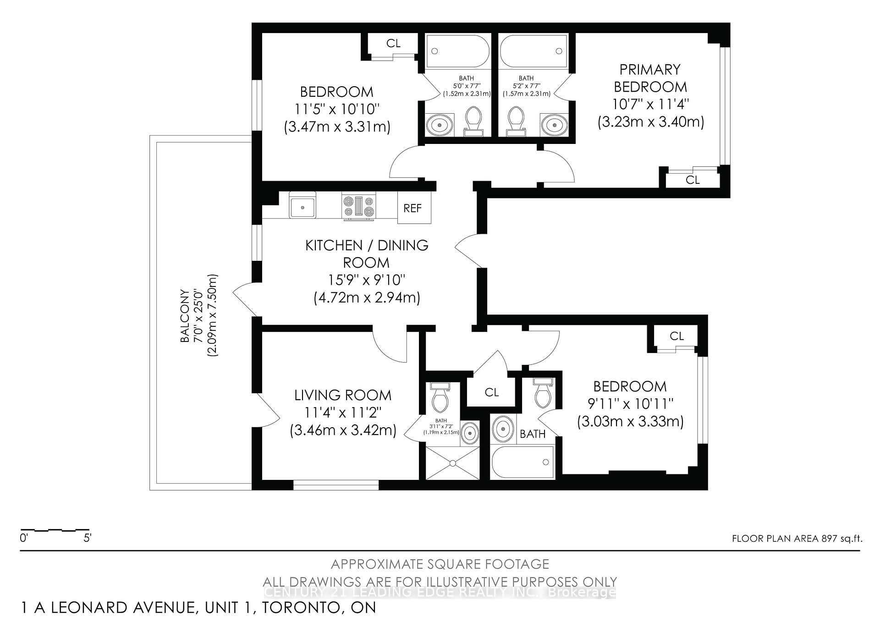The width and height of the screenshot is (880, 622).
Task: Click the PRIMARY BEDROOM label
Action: [x=650, y=78]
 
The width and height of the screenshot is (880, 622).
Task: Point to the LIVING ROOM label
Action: [x=343, y=395]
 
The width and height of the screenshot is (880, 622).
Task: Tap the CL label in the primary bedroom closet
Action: [x=693, y=180]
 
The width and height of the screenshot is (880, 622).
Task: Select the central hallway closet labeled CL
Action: [x=491, y=392]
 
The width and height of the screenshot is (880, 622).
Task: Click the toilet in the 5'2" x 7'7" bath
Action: [x=517, y=121]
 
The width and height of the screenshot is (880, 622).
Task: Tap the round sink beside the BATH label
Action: [x=503, y=429]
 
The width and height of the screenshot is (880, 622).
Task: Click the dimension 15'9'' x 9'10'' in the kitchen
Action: [x=366, y=280]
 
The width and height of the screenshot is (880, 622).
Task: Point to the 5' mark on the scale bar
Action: [x=88, y=538]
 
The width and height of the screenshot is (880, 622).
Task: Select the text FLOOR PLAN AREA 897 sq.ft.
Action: [x=797, y=539]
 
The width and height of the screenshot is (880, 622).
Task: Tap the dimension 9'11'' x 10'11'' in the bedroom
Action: [x=630, y=404]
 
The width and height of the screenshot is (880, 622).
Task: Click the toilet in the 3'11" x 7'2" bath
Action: [x=440, y=399]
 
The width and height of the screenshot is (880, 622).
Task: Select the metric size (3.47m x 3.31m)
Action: [x=337, y=127]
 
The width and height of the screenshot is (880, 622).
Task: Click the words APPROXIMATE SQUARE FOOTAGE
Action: [x=440, y=564]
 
